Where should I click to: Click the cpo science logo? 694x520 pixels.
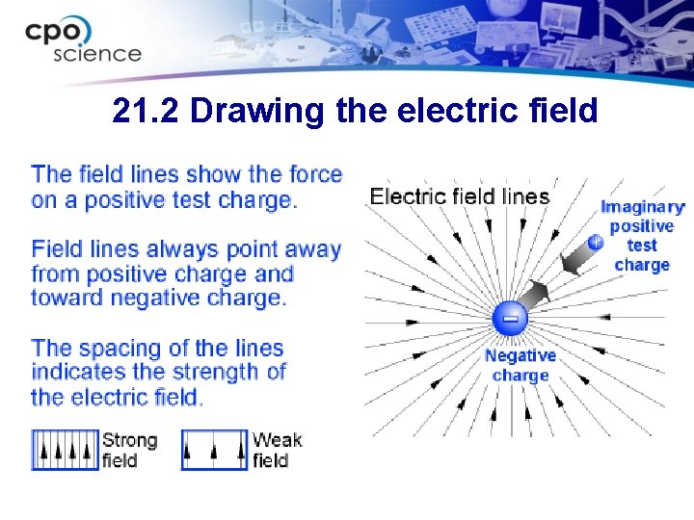(83, 39)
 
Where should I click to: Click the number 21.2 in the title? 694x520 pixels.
(147, 112)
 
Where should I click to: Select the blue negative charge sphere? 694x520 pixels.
(511, 318)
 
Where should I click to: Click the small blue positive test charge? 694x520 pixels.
(595, 242)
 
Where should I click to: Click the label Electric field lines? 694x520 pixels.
(460, 196)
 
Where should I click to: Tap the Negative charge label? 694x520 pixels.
(520, 365)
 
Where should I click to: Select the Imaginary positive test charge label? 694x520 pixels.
(642, 236)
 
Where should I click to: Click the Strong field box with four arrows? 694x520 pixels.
(66, 450)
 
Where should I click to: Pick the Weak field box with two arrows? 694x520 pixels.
(214, 450)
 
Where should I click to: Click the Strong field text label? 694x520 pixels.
(129, 450)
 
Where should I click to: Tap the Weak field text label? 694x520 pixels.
(277, 450)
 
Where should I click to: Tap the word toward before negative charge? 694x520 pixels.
(67, 297)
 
